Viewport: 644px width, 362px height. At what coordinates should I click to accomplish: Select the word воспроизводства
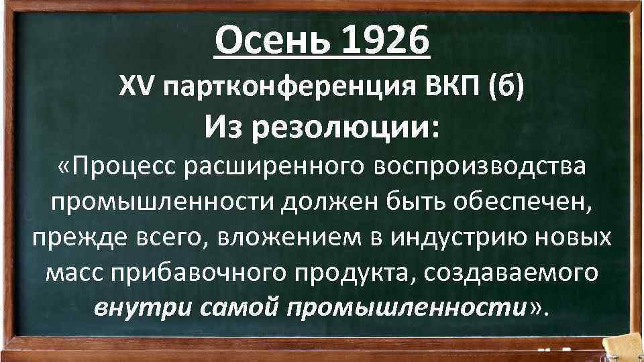480,169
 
